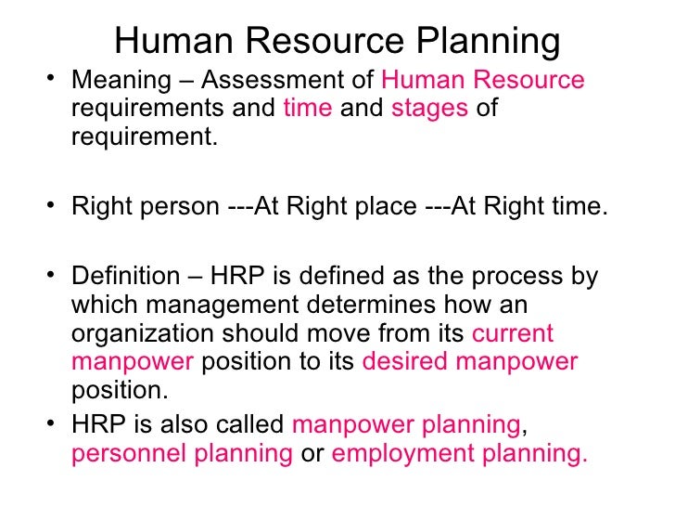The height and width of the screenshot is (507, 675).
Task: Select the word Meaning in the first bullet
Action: [x=109, y=81]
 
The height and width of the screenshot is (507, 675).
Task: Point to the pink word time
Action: [x=307, y=109]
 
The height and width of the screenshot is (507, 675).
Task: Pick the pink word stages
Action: [x=429, y=109]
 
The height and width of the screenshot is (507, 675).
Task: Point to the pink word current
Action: [x=513, y=333]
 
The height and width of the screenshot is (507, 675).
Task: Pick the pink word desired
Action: [x=400, y=361]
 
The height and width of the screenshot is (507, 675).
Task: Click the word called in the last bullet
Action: [x=250, y=426]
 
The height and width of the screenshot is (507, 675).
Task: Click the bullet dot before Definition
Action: [x=50, y=278]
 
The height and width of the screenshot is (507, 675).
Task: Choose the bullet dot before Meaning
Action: [x=50, y=81]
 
